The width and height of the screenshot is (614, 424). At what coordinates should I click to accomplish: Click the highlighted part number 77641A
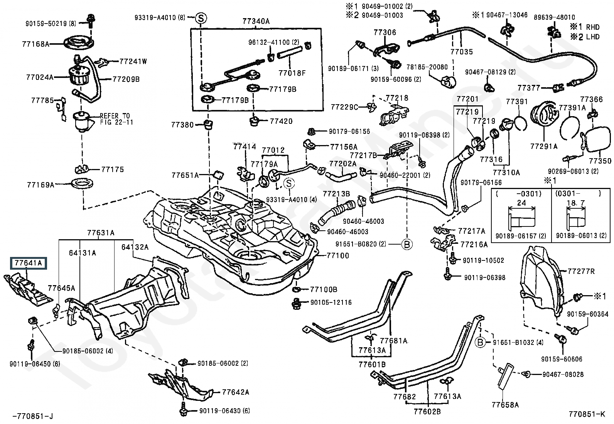click(28, 263)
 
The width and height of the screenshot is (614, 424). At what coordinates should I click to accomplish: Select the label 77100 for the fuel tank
click(337, 255)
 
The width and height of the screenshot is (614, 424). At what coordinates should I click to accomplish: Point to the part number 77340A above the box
click(256, 22)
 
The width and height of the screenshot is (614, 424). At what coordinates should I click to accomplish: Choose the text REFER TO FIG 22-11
click(115, 119)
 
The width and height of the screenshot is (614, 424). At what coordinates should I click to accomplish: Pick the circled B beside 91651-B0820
click(407, 244)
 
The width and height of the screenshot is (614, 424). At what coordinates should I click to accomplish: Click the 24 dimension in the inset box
click(521, 203)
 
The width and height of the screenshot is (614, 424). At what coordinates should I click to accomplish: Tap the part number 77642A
click(235, 392)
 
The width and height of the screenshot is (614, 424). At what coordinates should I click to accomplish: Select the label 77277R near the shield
click(581, 272)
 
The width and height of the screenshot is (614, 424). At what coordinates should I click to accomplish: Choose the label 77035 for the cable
click(462, 51)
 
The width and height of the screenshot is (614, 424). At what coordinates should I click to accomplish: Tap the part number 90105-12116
click(331, 302)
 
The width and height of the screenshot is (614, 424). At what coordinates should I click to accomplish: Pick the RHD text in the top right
click(593, 27)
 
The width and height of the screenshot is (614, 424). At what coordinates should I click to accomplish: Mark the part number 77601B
click(372, 364)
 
